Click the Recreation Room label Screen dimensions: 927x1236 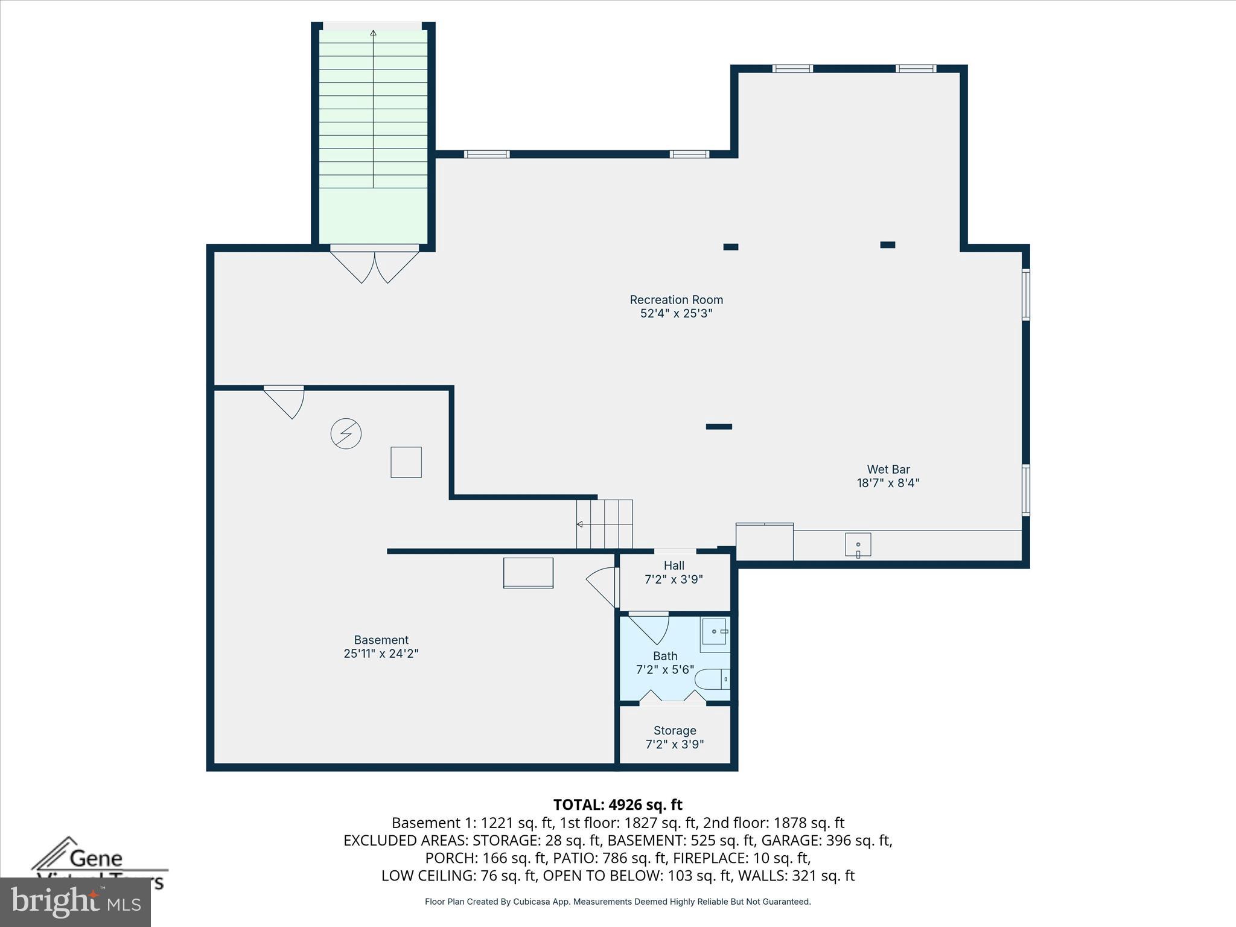[x=676, y=300]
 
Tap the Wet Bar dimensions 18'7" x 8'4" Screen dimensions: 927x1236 [x=888, y=483]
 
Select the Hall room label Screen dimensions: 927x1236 [x=674, y=565]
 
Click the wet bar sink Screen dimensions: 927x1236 [x=858, y=544]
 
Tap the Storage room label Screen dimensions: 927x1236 [x=675, y=731]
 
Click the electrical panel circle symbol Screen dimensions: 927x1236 [x=346, y=433]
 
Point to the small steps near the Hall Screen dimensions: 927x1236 [x=605, y=524]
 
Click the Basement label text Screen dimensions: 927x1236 [x=381, y=640]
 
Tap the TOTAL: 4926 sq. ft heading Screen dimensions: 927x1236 [x=617, y=804]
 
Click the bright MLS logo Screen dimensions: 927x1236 [x=75, y=902]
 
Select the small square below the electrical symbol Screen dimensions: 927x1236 [x=406, y=462]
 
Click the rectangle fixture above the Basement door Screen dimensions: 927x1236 [x=528, y=573]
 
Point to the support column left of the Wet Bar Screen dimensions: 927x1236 [x=719, y=427]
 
